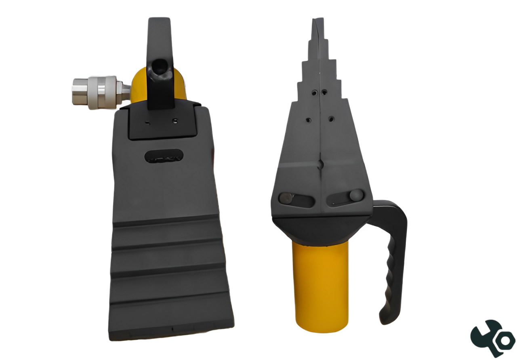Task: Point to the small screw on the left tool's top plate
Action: point(174,120)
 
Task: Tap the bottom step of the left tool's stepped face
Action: point(171,319)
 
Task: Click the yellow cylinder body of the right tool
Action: point(321,283)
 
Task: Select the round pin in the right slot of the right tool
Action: point(355,195)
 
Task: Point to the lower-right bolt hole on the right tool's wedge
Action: point(331,120)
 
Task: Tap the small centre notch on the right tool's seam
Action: point(319,164)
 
